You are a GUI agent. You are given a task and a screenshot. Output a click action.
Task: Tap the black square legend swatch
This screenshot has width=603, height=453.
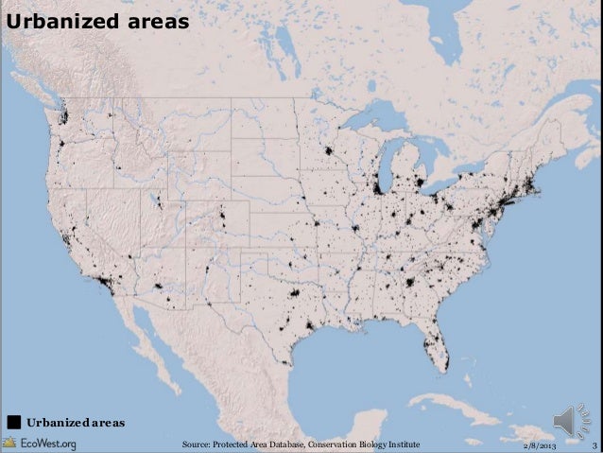[15, 420]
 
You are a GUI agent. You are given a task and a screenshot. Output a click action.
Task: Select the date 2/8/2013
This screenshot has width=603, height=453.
[542, 444]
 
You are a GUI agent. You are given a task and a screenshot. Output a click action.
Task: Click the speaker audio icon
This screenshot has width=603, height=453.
[572, 421]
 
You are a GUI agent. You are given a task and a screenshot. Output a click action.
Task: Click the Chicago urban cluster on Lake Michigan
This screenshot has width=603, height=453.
[380, 186]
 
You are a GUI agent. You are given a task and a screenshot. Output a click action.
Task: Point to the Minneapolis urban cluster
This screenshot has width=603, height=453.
[329, 151]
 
